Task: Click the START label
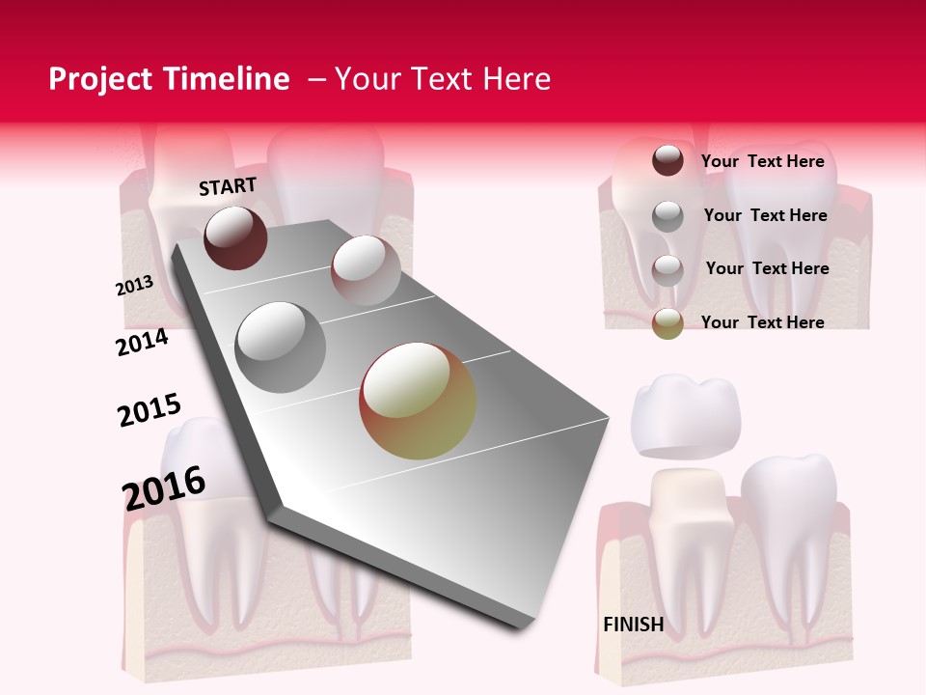228,186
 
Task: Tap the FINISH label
633,625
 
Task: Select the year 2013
134,286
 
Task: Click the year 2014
142,342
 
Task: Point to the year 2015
149,410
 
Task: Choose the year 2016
164,487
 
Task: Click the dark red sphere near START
235,237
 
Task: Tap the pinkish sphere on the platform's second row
365,270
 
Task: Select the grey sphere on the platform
281,347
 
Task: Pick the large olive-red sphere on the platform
418,400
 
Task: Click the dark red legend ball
667,160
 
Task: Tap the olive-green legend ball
667,323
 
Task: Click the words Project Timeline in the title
169,79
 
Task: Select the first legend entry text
762,161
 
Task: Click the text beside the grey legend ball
765,215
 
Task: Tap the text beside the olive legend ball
762,322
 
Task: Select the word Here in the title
517,79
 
